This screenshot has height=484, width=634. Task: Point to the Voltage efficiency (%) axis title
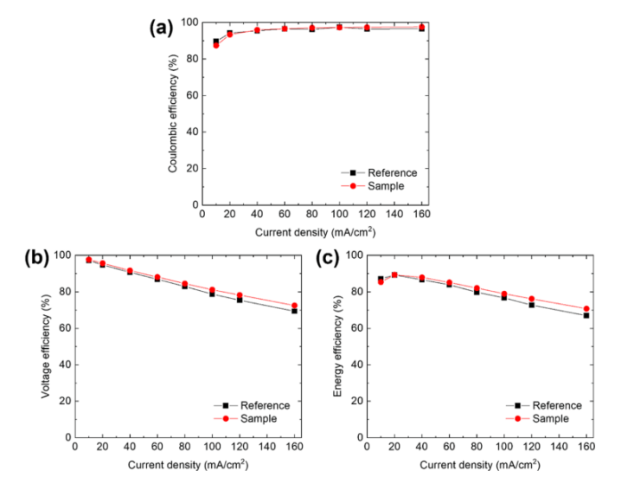[42, 346]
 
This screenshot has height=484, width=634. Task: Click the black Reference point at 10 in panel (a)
[216, 42]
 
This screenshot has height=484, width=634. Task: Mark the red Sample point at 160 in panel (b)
[294, 306]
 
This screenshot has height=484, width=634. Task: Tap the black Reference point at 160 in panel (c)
[586, 315]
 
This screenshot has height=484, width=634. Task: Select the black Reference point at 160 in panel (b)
[294, 311]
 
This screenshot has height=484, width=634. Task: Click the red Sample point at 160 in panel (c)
[586, 308]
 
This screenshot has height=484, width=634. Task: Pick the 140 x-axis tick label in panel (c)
[562, 448]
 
